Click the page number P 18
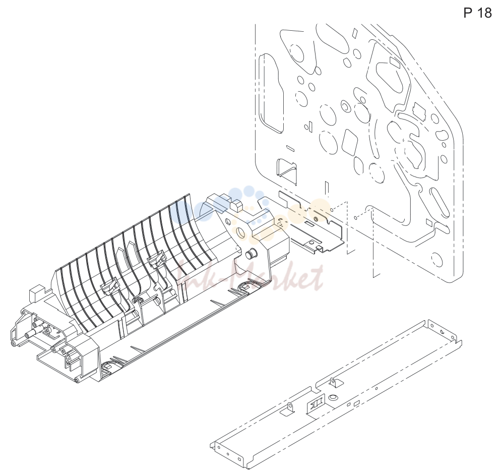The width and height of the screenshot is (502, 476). point(477,13)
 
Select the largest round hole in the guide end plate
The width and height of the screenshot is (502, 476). point(241,233)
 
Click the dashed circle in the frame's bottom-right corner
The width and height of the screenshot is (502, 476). point(437,259)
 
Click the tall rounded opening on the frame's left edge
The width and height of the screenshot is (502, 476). point(271,93)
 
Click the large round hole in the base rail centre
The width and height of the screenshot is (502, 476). point(333,397)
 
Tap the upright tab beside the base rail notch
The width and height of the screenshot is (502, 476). point(333,381)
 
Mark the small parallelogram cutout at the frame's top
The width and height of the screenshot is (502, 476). point(355,32)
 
